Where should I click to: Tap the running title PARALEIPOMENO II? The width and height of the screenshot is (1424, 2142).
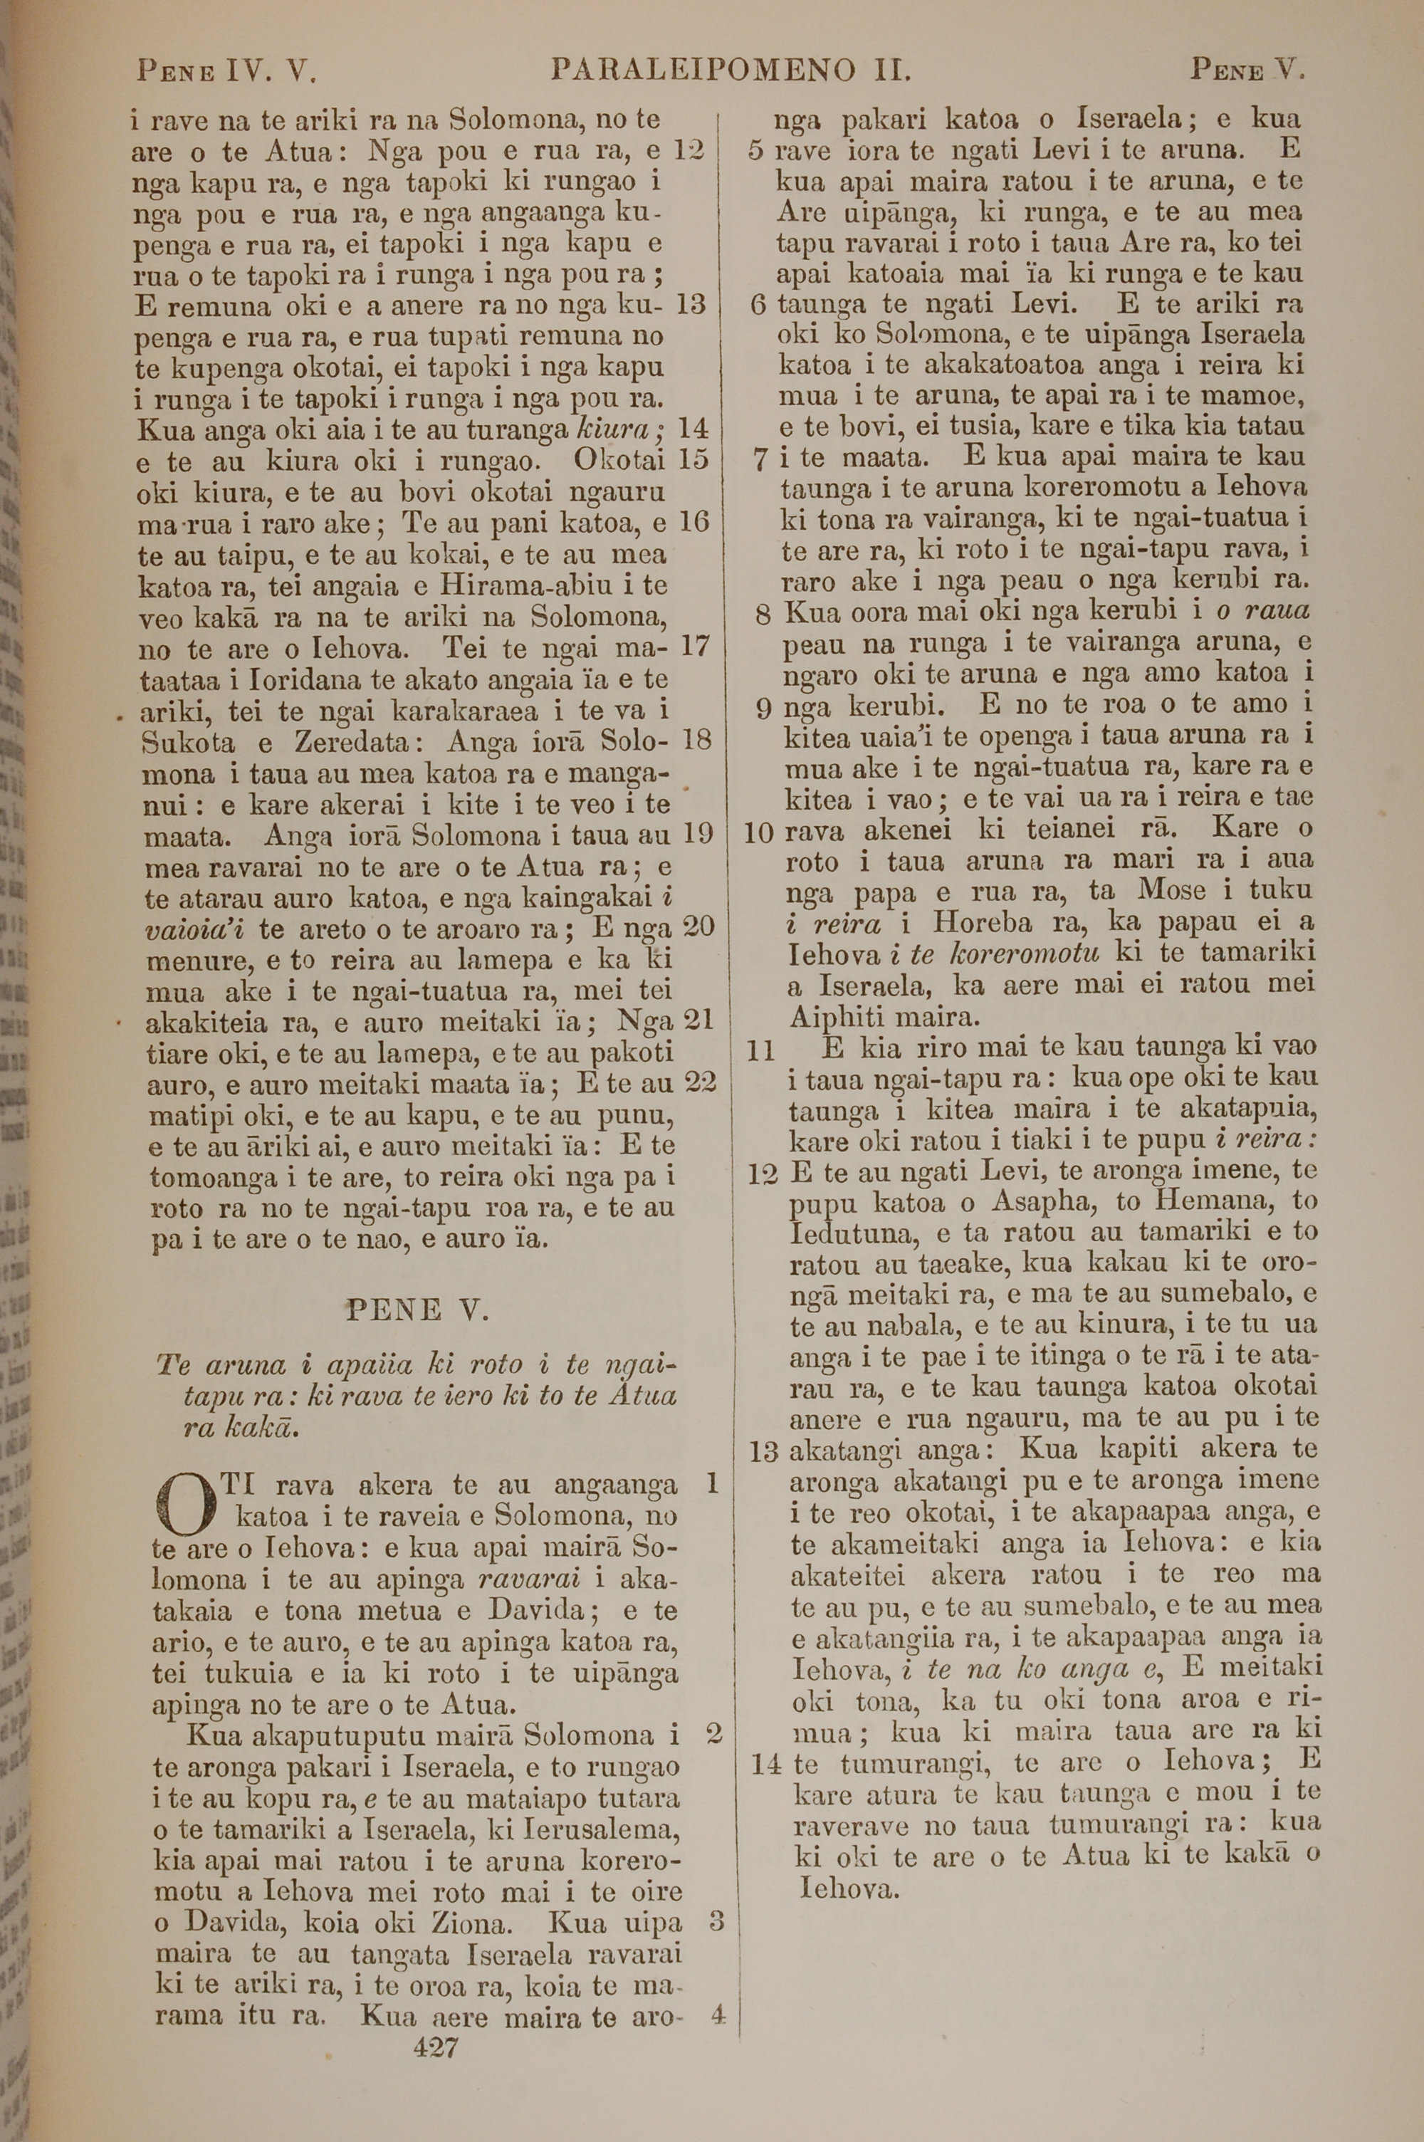click(731, 70)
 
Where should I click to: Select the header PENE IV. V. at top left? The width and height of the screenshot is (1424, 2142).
click(225, 70)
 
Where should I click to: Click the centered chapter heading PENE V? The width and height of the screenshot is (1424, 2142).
click(418, 1310)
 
